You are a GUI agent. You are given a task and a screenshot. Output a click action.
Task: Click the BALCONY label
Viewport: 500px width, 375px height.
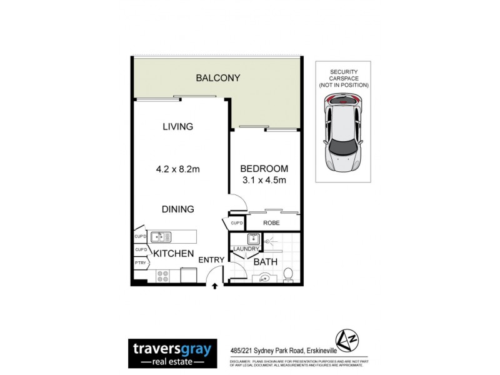click(218, 78)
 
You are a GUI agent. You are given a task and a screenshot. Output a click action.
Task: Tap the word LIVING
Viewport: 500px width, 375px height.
click(177, 126)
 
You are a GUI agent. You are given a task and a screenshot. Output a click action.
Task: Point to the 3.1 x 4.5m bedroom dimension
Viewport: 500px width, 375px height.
click(264, 181)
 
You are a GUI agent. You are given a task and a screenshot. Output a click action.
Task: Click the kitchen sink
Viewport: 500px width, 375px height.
click(159, 236)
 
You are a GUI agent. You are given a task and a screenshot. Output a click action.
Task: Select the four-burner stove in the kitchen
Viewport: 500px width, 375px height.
click(162, 276)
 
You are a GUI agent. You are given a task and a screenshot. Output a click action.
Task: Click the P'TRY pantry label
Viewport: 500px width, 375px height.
click(140, 264)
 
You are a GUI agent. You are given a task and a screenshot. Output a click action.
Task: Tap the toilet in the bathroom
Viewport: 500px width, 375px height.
click(288, 274)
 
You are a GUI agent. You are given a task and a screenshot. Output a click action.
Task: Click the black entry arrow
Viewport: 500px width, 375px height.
click(215, 287)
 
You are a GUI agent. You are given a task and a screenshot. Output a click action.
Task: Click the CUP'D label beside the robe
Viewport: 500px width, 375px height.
click(236, 223)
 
